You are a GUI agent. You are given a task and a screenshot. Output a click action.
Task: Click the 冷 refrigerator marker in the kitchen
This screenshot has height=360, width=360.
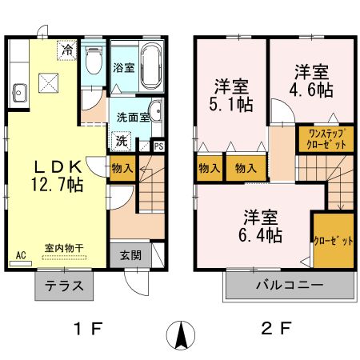68,50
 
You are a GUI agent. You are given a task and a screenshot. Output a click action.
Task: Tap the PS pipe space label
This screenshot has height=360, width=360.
158,146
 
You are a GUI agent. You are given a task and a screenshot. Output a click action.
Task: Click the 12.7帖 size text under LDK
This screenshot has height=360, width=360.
58,183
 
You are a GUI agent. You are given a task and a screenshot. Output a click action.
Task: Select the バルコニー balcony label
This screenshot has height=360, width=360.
289,286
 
